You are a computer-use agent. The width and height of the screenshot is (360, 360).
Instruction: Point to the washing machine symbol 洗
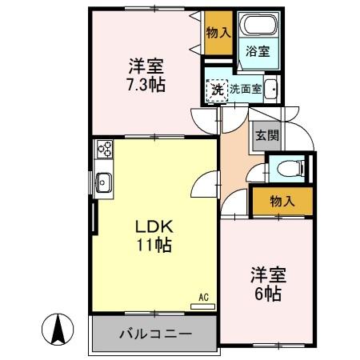coord(217,90)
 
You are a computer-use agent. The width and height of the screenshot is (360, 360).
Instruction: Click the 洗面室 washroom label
coord(246,90)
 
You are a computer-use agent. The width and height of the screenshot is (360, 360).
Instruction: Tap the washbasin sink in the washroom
coord(270,90)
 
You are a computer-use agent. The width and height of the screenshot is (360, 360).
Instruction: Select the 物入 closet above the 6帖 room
coord(282,201)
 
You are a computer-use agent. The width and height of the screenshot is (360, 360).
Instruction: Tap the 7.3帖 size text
coord(144,83)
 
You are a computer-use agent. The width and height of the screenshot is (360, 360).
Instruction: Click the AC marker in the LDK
coord(203,297)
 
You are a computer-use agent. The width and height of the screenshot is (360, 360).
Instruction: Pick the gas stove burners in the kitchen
coord(105,149)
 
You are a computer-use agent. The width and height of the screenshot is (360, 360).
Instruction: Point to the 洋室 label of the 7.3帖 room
coord(144,64)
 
